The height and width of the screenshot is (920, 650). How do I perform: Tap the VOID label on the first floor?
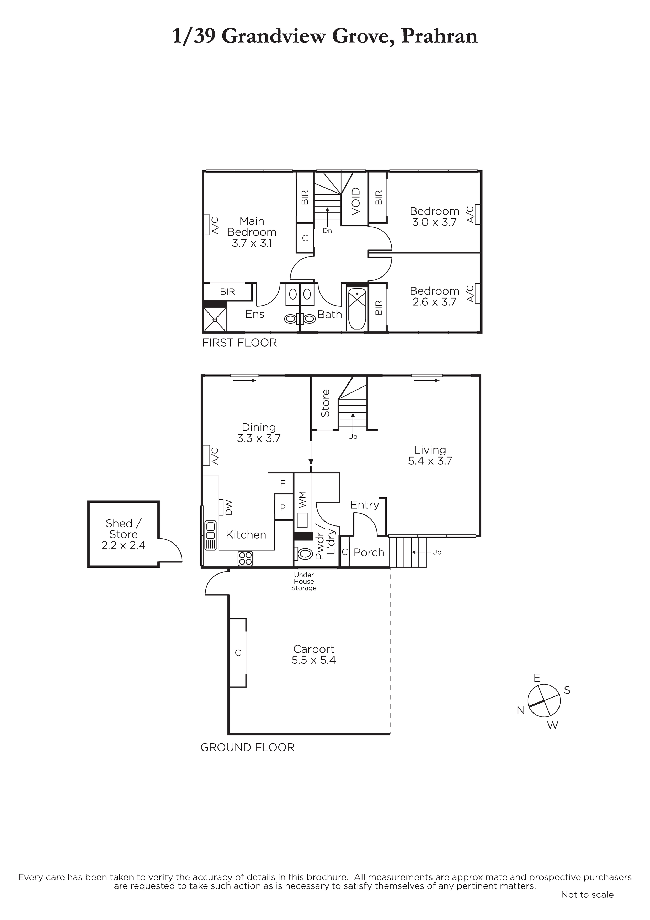pos(356,201)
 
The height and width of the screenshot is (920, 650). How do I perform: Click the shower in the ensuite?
pos(215,319)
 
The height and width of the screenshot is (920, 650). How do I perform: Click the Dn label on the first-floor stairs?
pos(327,231)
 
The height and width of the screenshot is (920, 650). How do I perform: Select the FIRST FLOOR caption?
pos(239,343)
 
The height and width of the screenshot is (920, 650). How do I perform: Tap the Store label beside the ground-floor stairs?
pos(325,403)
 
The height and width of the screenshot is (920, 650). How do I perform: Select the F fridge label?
pos(283,484)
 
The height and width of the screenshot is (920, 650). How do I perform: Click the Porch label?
pos(369,552)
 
